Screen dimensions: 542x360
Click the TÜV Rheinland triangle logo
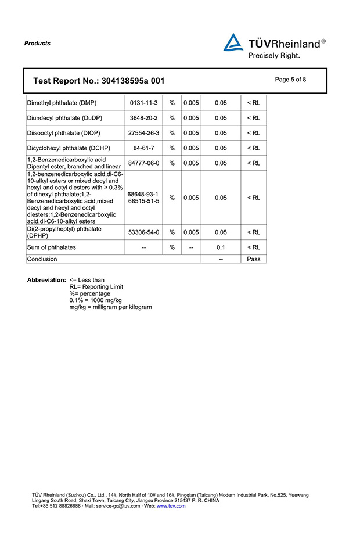233,42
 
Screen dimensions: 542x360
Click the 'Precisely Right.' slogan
274,56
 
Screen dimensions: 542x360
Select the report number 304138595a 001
132,81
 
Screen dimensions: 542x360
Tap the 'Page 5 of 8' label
290,80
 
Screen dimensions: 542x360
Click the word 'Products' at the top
37,43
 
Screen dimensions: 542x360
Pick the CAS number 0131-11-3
144,103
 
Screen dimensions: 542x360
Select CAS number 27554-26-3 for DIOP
144,133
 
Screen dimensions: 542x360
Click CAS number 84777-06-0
144,163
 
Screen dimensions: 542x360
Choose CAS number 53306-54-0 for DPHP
144,232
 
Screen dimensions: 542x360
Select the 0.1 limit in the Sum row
221,247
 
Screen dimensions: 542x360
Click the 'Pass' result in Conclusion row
253,259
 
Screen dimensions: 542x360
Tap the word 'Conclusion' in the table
42,259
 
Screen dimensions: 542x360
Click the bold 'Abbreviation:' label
46,280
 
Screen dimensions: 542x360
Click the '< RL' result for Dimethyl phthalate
253,103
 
